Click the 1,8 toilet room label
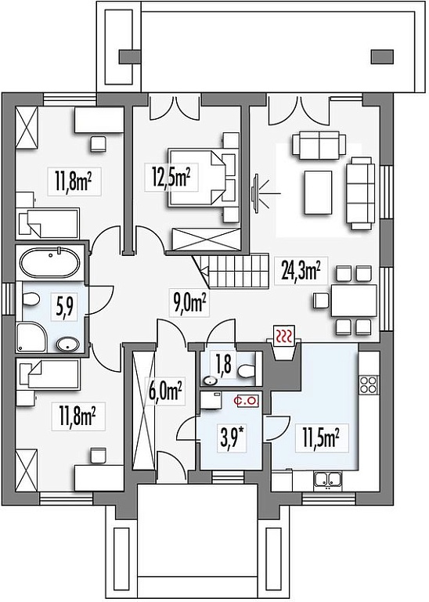tap(223, 366)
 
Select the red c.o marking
tap(247, 401)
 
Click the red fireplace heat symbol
tap(285, 335)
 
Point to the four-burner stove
tap(369, 384)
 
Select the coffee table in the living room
tap(318, 193)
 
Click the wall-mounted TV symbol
tap(255, 192)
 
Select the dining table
tap(353, 300)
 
